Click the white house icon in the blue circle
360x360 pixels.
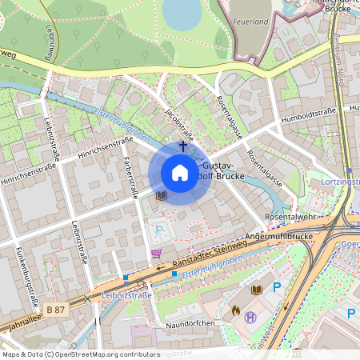179,173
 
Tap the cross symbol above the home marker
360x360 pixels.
182,146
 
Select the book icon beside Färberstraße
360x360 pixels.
161,194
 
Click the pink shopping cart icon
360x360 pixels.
156,254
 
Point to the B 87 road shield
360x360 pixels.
55,308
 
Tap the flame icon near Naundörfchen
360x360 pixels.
236,308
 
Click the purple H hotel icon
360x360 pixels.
250,317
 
